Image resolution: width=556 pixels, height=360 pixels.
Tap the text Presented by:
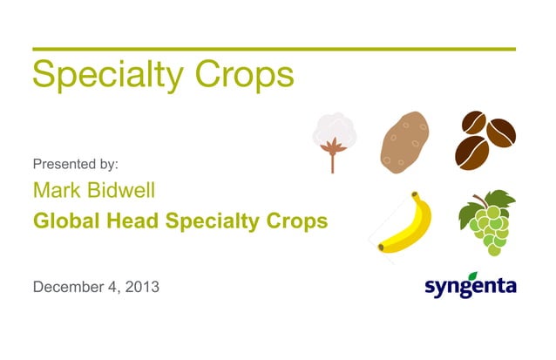(x=75, y=163)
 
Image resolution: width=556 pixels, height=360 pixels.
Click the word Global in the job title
(x=65, y=221)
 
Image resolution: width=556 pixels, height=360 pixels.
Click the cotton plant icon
(x=333, y=138)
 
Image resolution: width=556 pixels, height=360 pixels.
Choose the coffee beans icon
(x=486, y=139)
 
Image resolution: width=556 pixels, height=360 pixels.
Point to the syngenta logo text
(x=470, y=287)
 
